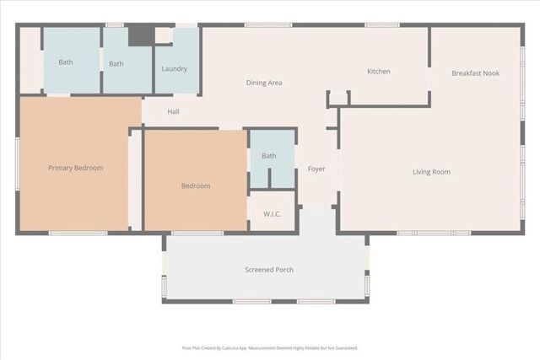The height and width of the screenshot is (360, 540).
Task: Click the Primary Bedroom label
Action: click(75, 168)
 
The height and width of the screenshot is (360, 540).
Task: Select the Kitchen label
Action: click(378, 72)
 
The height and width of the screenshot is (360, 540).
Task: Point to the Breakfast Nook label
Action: click(475, 73)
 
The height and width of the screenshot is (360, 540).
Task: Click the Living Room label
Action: click(431, 172)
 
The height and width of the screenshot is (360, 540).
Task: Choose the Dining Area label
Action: click(263, 83)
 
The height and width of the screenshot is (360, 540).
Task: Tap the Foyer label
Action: click(316, 169)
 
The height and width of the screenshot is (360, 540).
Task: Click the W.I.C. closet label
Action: click(272, 214)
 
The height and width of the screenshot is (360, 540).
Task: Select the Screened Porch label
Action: click(268, 270)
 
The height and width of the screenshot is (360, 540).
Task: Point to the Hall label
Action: click(173, 111)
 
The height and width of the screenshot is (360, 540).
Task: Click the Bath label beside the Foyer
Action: click(268, 156)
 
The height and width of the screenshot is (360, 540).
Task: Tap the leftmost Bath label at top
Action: click(66, 62)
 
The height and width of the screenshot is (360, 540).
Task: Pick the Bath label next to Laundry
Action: click(116, 63)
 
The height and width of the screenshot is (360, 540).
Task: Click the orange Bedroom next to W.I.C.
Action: click(195, 185)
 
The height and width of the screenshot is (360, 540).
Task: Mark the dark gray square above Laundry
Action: click(141, 35)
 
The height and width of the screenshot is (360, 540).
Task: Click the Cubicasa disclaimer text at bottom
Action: click(270, 347)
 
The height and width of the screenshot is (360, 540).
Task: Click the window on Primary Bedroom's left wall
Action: click(17, 167)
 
